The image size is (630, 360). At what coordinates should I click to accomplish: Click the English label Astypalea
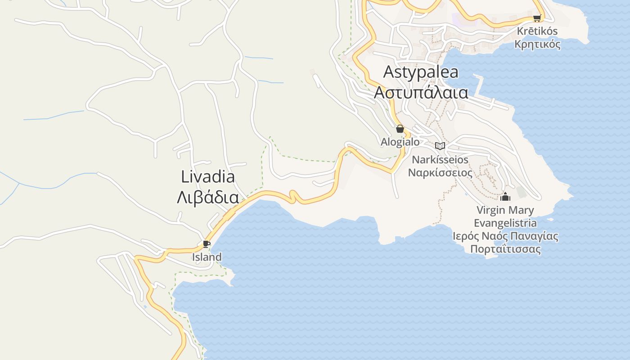[421, 72]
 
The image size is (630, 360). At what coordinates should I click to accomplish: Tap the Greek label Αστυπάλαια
[421, 92]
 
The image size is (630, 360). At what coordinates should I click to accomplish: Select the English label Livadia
[208, 176]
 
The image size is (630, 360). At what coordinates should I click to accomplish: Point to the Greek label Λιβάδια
[207, 197]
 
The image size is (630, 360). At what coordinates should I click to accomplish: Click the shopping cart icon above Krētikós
[536, 18]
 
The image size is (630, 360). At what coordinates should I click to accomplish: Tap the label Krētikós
[537, 31]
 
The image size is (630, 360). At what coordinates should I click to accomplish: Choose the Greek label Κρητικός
[537, 44]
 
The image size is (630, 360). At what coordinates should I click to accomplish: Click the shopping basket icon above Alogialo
[400, 129]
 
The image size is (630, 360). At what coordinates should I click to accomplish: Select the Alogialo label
[400, 142]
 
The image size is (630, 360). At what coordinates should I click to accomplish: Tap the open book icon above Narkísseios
[440, 146]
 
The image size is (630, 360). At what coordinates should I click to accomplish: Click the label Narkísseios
[440, 160]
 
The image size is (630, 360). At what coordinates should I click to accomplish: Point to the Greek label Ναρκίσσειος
[440, 173]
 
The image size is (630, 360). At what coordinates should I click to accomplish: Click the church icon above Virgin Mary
[505, 197]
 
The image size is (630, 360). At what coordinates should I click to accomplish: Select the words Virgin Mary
[505, 210]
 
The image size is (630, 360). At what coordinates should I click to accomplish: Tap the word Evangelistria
[505, 223]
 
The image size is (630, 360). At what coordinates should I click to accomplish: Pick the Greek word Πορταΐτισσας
[505, 249]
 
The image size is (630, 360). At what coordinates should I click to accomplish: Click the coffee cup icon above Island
[206, 244]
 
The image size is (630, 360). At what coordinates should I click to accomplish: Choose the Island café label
[207, 257]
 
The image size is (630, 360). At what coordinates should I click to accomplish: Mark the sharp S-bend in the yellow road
[293, 196]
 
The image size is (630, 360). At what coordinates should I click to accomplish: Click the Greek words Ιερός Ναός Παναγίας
[505, 236]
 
